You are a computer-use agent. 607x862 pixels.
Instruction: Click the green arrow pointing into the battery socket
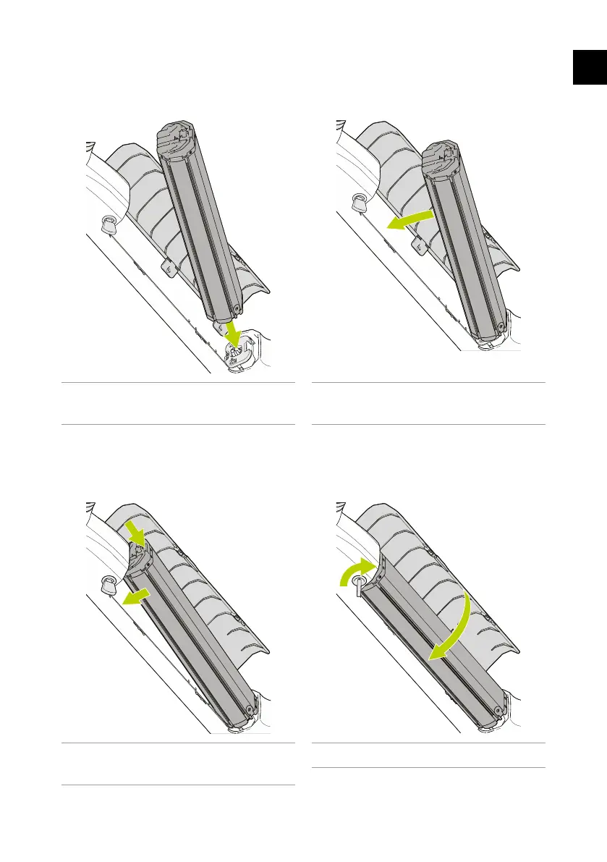click(x=232, y=334)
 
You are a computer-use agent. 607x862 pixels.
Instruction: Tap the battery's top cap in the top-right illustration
click(x=443, y=158)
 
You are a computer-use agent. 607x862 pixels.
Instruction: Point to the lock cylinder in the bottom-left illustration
click(x=109, y=584)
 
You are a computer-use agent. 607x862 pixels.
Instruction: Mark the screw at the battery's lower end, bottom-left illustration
click(x=250, y=709)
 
